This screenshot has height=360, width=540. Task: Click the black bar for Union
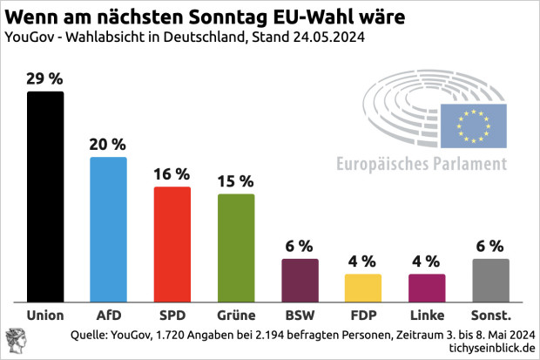click(45, 195)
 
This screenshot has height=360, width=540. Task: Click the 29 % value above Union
click(45, 78)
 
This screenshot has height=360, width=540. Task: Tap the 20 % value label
click(109, 144)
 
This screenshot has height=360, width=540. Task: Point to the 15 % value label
click(235, 181)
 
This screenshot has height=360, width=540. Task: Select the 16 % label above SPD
click(172, 173)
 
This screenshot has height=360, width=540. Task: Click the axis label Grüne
click(235, 314)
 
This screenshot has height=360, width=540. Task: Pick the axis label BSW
click(299, 314)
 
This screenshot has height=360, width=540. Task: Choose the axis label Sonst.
click(489, 314)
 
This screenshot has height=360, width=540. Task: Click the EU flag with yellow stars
click(474, 126)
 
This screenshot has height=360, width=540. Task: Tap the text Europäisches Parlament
click(422, 164)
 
